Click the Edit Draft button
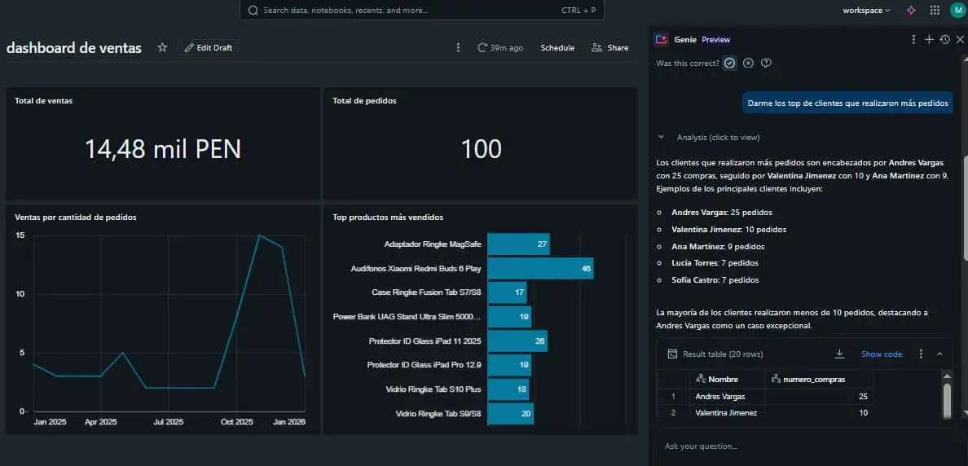208,47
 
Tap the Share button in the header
609,47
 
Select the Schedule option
557,47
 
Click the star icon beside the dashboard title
162,47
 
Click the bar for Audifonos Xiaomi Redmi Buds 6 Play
541,269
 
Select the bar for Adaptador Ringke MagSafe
518,244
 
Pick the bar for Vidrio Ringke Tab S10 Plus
508,389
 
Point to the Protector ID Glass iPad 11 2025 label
425,341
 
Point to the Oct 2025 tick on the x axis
237,422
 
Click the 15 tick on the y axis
20,235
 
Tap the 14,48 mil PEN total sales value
163,149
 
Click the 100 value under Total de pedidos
482,149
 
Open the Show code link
882,354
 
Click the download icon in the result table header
839,354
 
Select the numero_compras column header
814,379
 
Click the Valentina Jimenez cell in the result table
726,412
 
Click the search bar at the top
421,11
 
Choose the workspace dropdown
866,11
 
